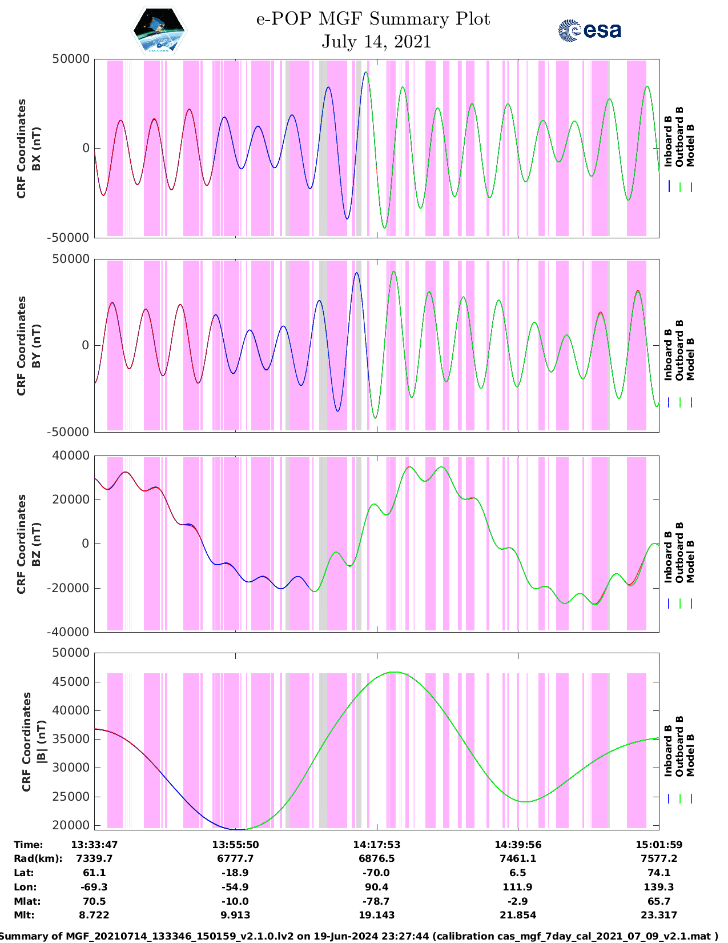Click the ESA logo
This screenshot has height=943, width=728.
pos(589,30)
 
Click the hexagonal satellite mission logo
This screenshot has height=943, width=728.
pos(159,30)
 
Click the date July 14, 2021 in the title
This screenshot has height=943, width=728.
pos(376,42)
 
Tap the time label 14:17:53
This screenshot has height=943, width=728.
pos(376,845)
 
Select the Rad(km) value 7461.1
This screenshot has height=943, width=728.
pos(517,858)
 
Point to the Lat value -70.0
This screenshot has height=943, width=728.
pos(376,873)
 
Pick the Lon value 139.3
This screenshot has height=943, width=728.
pos(658,887)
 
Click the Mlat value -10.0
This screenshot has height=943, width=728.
pos(235,901)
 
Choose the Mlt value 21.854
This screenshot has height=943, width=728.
pos(517,915)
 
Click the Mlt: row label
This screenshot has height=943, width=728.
pos(24,915)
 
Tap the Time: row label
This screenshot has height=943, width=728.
pos(29,845)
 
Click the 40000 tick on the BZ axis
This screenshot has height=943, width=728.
pos(71,455)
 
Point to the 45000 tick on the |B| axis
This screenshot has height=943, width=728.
pos(71,682)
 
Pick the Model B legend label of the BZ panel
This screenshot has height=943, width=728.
pos(690,561)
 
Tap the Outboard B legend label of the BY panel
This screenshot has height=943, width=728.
pos(679,350)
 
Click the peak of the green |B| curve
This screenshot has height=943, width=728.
pos(393,672)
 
